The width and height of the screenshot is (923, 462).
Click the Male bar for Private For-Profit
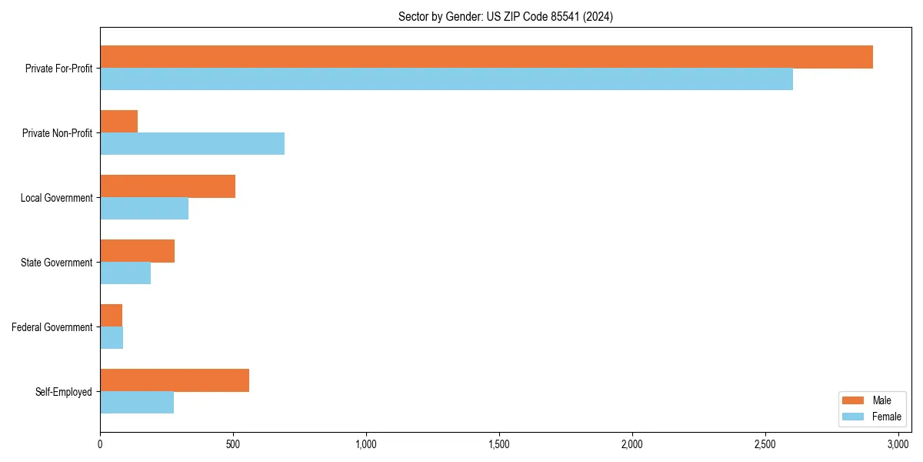click(486, 57)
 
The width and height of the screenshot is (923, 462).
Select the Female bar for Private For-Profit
click(446, 79)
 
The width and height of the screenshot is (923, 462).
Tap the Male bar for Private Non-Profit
click(118, 122)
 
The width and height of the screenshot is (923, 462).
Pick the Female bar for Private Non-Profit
click(192, 144)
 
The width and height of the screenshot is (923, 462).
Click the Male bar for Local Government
click(168, 186)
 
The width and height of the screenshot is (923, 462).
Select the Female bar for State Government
click(125, 273)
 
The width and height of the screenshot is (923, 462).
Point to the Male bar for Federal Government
click(111, 316)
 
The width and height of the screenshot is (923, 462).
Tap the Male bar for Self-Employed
click(175, 380)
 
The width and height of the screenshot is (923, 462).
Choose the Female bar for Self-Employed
click(137, 403)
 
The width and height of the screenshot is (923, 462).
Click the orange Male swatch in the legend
click(854, 400)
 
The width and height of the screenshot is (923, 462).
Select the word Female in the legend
click(886, 417)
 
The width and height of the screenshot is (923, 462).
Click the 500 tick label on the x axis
click(233, 444)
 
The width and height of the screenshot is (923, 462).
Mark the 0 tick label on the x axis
click(100, 444)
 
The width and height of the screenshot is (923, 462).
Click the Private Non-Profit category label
click(57, 133)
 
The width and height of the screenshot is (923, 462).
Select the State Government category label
click(56, 263)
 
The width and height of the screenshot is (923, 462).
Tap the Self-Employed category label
click(63, 392)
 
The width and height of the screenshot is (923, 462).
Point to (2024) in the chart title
click(598, 16)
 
